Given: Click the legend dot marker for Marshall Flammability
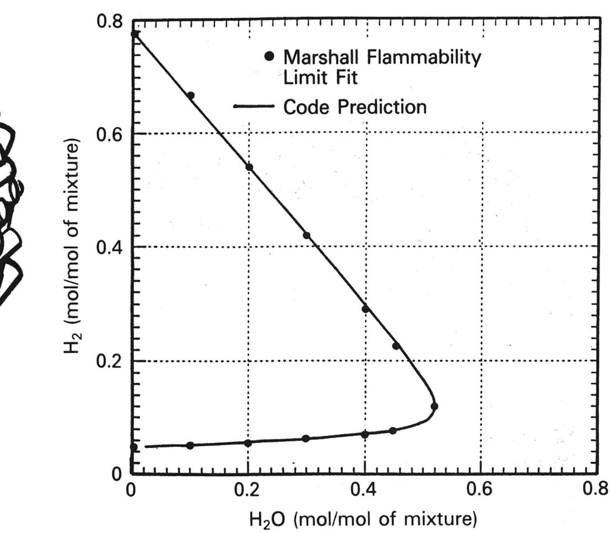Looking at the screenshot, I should [269, 56].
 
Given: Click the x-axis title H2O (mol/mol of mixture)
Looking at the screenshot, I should [364, 519].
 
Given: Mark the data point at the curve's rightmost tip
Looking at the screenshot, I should [434, 407].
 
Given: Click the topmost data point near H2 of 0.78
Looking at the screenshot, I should [135, 34].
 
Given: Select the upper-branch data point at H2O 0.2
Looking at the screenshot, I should [249, 167].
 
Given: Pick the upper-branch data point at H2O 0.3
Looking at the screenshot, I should [307, 235].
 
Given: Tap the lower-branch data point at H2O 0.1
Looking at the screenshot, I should [190, 445].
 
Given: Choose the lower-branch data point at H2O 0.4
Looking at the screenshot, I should [365, 435].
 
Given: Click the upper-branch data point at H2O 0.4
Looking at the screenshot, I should [365, 309].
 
